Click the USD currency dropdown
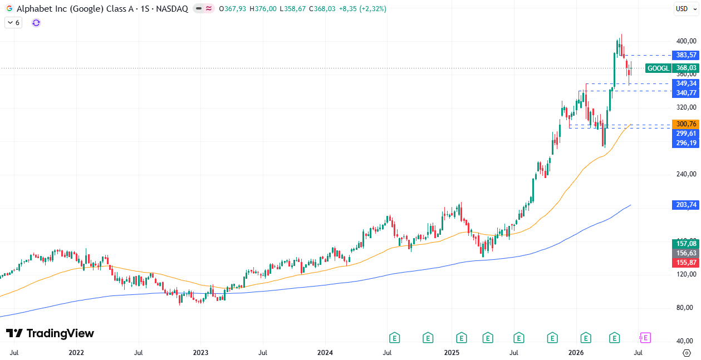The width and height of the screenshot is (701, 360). point(687,9)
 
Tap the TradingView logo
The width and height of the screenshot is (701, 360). point(50,333)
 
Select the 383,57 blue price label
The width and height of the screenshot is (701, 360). point(685,55)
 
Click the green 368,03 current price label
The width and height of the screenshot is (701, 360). point(685,68)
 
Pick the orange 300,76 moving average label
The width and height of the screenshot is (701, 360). point(685,124)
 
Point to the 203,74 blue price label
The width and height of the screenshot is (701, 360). point(685,205)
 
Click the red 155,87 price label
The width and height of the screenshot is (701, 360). point(685,263)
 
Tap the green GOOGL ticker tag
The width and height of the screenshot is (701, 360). point(659,68)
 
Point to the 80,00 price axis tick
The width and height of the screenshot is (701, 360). point(687,308)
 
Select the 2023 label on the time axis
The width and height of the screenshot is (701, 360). point(200,353)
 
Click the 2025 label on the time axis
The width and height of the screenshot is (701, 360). point(452,353)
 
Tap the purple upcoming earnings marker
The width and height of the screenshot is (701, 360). point(645,338)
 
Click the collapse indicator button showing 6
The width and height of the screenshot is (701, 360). point(13,23)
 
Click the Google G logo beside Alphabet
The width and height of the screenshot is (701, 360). point(9,9)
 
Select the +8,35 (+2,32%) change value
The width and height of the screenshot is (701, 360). point(362,9)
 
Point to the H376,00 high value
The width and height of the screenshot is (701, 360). point(263,9)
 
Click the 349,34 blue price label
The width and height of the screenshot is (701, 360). point(685,83)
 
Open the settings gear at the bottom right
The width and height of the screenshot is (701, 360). point(687,353)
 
